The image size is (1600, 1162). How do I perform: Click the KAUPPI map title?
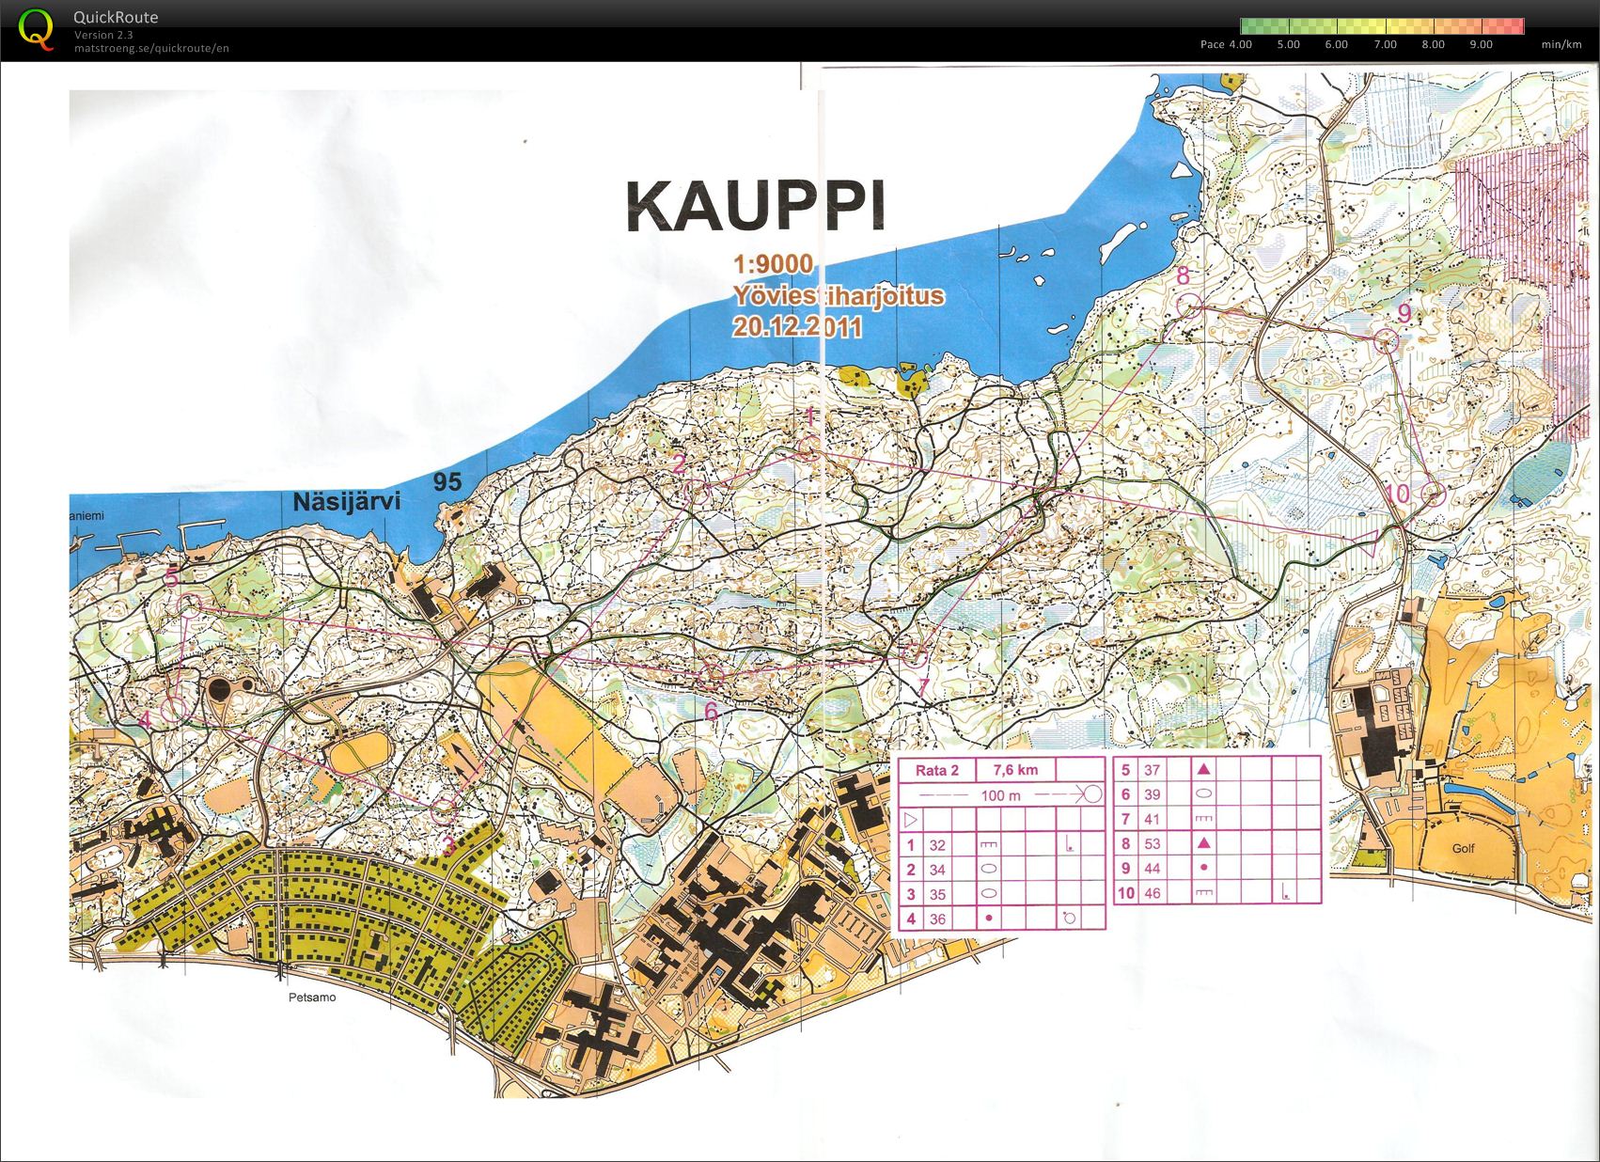tap(756, 206)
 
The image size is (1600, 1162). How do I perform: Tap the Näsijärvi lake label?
tap(346, 501)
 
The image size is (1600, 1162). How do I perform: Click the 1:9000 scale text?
tap(773, 264)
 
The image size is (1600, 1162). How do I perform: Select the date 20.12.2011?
tap(797, 327)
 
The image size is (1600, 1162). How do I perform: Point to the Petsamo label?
tap(311, 997)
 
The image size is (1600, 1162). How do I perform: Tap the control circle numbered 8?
tap(1189, 306)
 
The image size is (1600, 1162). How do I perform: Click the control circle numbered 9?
tap(1387, 342)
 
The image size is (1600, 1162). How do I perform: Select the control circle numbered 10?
tap(1433, 494)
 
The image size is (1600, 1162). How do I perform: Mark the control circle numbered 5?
tap(191, 604)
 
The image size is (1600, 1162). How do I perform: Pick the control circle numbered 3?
tap(444, 809)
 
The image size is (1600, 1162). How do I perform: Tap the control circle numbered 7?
tap(913, 653)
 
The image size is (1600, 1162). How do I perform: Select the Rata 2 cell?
tap(936, 770)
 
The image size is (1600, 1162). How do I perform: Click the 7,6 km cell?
tap(1015, 770)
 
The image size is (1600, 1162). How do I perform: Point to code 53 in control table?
tap(1152, 843)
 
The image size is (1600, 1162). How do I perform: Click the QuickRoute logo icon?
tap(36, 30)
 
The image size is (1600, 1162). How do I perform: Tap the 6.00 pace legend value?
tap(1336, 44)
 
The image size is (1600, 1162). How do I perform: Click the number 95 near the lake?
tap(447, 481)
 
